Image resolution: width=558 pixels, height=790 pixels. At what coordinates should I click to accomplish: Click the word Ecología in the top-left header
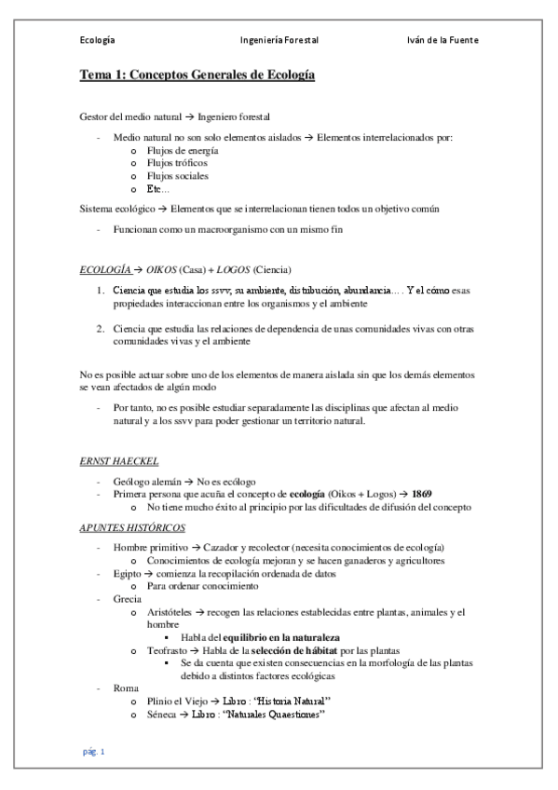(x=98, y=41)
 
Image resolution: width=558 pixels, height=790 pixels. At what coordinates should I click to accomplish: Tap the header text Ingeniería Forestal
(x=279, y=41)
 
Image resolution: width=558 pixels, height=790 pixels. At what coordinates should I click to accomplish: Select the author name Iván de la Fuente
(x=442, y=41)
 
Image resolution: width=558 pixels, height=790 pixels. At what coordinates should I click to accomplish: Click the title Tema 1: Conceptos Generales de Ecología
(x=197, y=75)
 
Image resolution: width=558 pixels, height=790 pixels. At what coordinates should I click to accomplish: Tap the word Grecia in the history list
(x=128, y=599)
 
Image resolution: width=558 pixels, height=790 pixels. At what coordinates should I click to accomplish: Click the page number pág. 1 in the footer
(x=95, y=752)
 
